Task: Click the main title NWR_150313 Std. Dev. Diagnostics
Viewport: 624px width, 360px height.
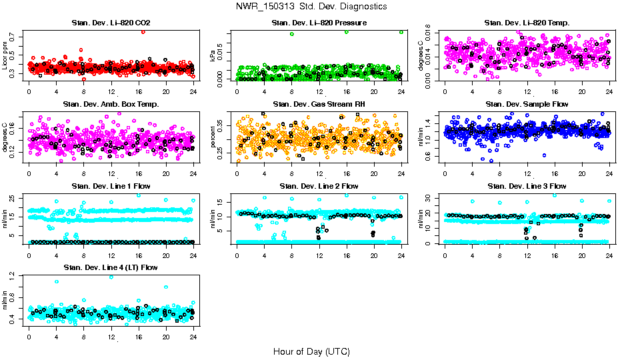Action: point(311,6)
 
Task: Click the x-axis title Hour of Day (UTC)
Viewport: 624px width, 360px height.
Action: point(311,351)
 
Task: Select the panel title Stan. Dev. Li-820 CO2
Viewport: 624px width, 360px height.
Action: point(111,23)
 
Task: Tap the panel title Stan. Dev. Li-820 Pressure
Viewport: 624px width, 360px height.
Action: point(319,23)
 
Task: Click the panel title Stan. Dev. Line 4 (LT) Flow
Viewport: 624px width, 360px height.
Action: point(111,267)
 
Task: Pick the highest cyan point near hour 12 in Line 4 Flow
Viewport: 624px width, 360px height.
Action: point(111,278)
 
